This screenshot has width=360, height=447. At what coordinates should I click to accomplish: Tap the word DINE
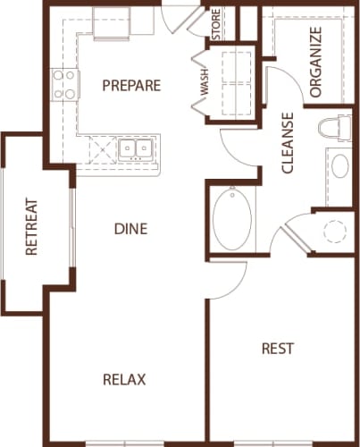click(x=130, y=229)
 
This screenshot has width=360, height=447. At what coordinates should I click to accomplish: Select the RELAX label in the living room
click(x=123, y=378)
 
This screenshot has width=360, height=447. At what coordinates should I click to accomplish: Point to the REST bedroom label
click(x=277, y=348)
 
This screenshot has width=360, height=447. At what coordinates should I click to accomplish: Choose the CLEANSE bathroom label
click(x=288, y=142)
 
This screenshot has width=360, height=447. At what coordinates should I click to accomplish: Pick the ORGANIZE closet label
click(x=314, y=62)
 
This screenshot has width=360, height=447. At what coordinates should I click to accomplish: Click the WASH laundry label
click(x=205, y=86)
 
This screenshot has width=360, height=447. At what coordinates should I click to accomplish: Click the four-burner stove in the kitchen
click(x=63, y=85)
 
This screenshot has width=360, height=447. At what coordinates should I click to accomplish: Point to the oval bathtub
click(x=234, y=219)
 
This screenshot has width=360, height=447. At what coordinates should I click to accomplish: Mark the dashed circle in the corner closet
click(x=334, y=231)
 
